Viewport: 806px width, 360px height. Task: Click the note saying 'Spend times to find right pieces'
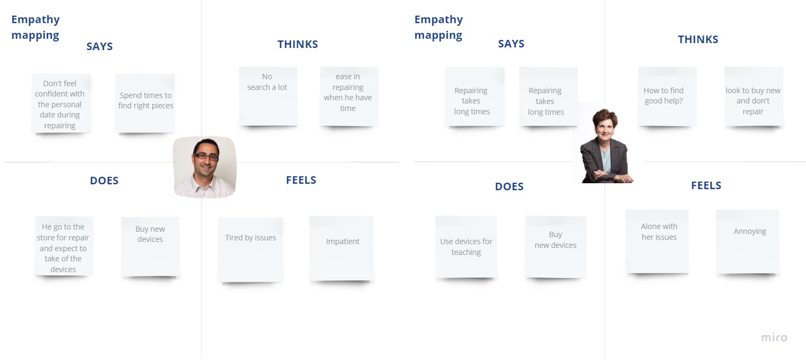[145, 102]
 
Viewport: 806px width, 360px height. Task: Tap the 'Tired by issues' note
[251, 248]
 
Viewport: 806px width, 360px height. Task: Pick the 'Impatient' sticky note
[342, 247]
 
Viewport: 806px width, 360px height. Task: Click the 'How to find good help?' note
[667, 96]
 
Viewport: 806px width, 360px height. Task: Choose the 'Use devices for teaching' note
[466, 247]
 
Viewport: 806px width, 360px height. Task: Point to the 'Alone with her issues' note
[657, 240]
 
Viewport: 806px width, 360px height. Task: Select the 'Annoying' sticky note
[748, 240]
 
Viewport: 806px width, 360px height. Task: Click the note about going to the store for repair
[64, 247]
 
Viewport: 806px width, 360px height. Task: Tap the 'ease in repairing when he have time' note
[349, 96]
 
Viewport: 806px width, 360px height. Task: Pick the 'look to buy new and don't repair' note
[753, 96]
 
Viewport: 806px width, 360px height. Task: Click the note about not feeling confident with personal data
[60, 103]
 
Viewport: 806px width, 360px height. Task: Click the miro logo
[774, 338]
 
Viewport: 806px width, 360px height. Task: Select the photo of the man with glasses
[205, 167]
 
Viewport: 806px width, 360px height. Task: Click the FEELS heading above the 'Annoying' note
[706, 185]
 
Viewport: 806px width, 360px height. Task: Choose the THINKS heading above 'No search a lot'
[297, 44]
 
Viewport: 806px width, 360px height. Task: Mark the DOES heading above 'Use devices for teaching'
[509, 186]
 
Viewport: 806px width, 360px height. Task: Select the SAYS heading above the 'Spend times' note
[100, 46]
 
